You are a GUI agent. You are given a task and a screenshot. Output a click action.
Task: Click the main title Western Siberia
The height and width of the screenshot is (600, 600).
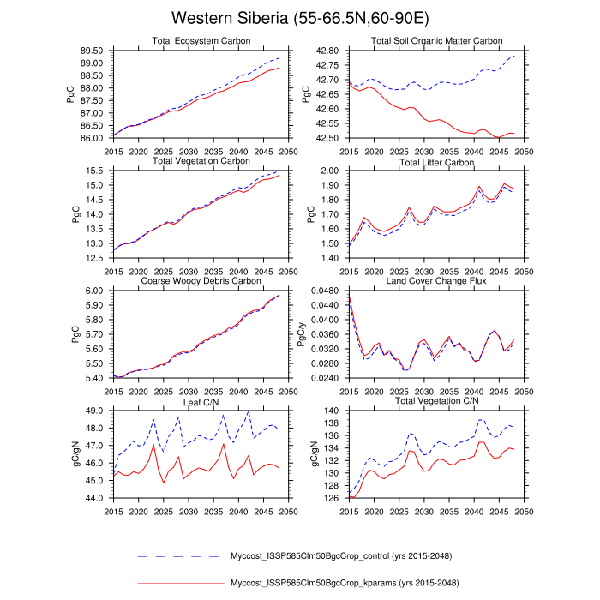pyautogui.click(x=299, y=18)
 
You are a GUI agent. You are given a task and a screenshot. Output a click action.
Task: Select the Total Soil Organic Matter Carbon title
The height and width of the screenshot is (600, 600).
pyautogui.click(x=436, y=40)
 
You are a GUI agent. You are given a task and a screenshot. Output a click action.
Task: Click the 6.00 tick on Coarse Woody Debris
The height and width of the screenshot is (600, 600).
pyautogui.click(x=93, y=291)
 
